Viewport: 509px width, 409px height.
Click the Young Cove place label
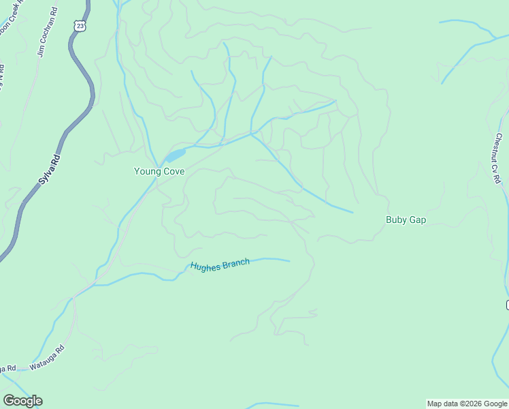(159, 172)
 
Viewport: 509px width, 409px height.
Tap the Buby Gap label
(406, 219)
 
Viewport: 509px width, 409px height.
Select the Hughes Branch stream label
(220, 265)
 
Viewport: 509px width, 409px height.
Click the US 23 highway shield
(80, 25)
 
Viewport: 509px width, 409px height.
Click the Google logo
(22, 401)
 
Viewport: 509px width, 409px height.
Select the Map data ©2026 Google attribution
(467, 404)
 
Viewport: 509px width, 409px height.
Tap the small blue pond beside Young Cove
(174, 155)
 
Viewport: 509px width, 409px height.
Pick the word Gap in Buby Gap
(417, 219)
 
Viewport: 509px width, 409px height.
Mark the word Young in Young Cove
(147, 172)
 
